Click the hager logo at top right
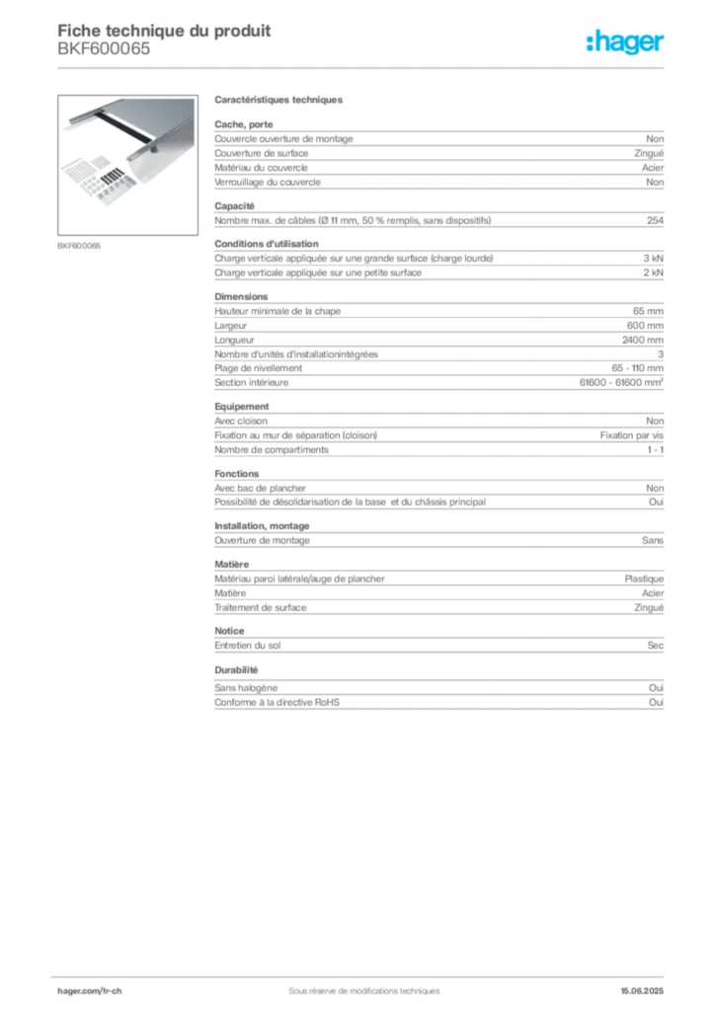(x=625, y=41)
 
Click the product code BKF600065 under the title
(x=104, y=49)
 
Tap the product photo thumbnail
(x=127, y=165)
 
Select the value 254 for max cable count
(x=655, y=220)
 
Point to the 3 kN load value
(x=653, y=259)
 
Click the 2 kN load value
(x=653, y=272)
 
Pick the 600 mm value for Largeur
(x=645, y=326)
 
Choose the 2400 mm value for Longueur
(x=643, y=340)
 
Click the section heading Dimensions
(x=241, y=296)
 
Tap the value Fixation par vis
(x=632, y=435)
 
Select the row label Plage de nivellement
(x=258, y=368)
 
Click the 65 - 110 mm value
(x=638, y=368)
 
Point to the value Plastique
(x=644, y=579)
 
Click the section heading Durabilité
(x=236, y=670)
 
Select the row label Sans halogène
(x=246, y=688)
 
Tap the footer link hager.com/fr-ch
(x=90, y=991)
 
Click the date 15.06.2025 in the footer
(x=642, y=991)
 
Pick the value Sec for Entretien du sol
(x=656, y=646)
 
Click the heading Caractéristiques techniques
(x=278, y=100)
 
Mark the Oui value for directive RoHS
(x=657, y=702)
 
